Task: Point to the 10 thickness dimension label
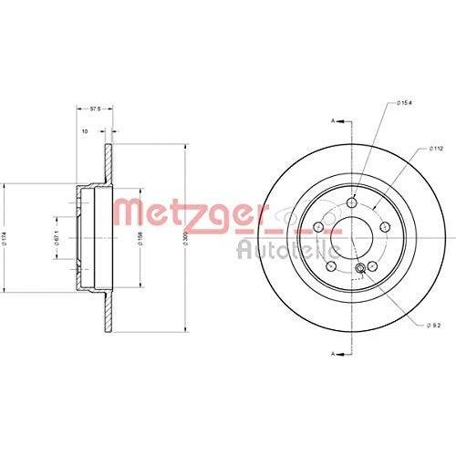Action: [85, 131]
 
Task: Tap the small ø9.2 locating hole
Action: [361, 265]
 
